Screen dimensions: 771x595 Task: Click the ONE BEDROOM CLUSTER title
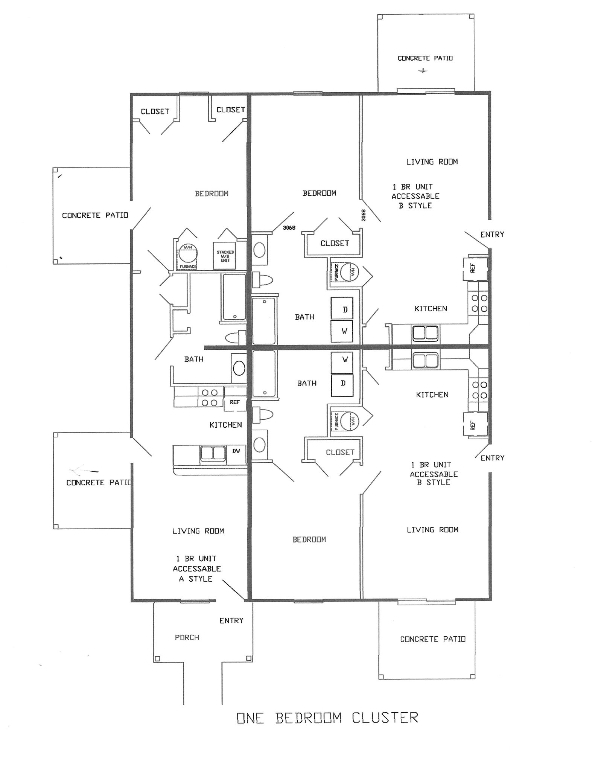(x=327, y=718)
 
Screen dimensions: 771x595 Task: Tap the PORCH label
(x=187, y=637)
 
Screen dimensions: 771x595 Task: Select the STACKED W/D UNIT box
(x=225, y=256)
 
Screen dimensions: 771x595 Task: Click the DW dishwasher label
(x=236, y=451)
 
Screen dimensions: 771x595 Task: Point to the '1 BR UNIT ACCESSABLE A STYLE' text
(x=196, y=568)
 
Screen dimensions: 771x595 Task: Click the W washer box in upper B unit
(x=342, y=331)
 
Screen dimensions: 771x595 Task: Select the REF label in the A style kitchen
(x=234, y=402)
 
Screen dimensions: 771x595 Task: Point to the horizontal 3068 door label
(x=289, y=228)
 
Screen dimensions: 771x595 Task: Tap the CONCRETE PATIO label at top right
(x=425, y=58)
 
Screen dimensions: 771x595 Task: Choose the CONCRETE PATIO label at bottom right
(x=432, y=639)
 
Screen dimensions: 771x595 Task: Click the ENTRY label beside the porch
(x=231, y=620)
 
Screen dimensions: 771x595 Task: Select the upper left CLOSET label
(x=155, y=111)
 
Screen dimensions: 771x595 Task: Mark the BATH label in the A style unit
(x=194, y=359)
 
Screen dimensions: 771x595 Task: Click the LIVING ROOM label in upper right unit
(x=432, y=162)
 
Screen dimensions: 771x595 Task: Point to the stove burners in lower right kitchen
(x=479, y=390)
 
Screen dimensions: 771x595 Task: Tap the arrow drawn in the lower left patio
(x=84, y=470)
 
